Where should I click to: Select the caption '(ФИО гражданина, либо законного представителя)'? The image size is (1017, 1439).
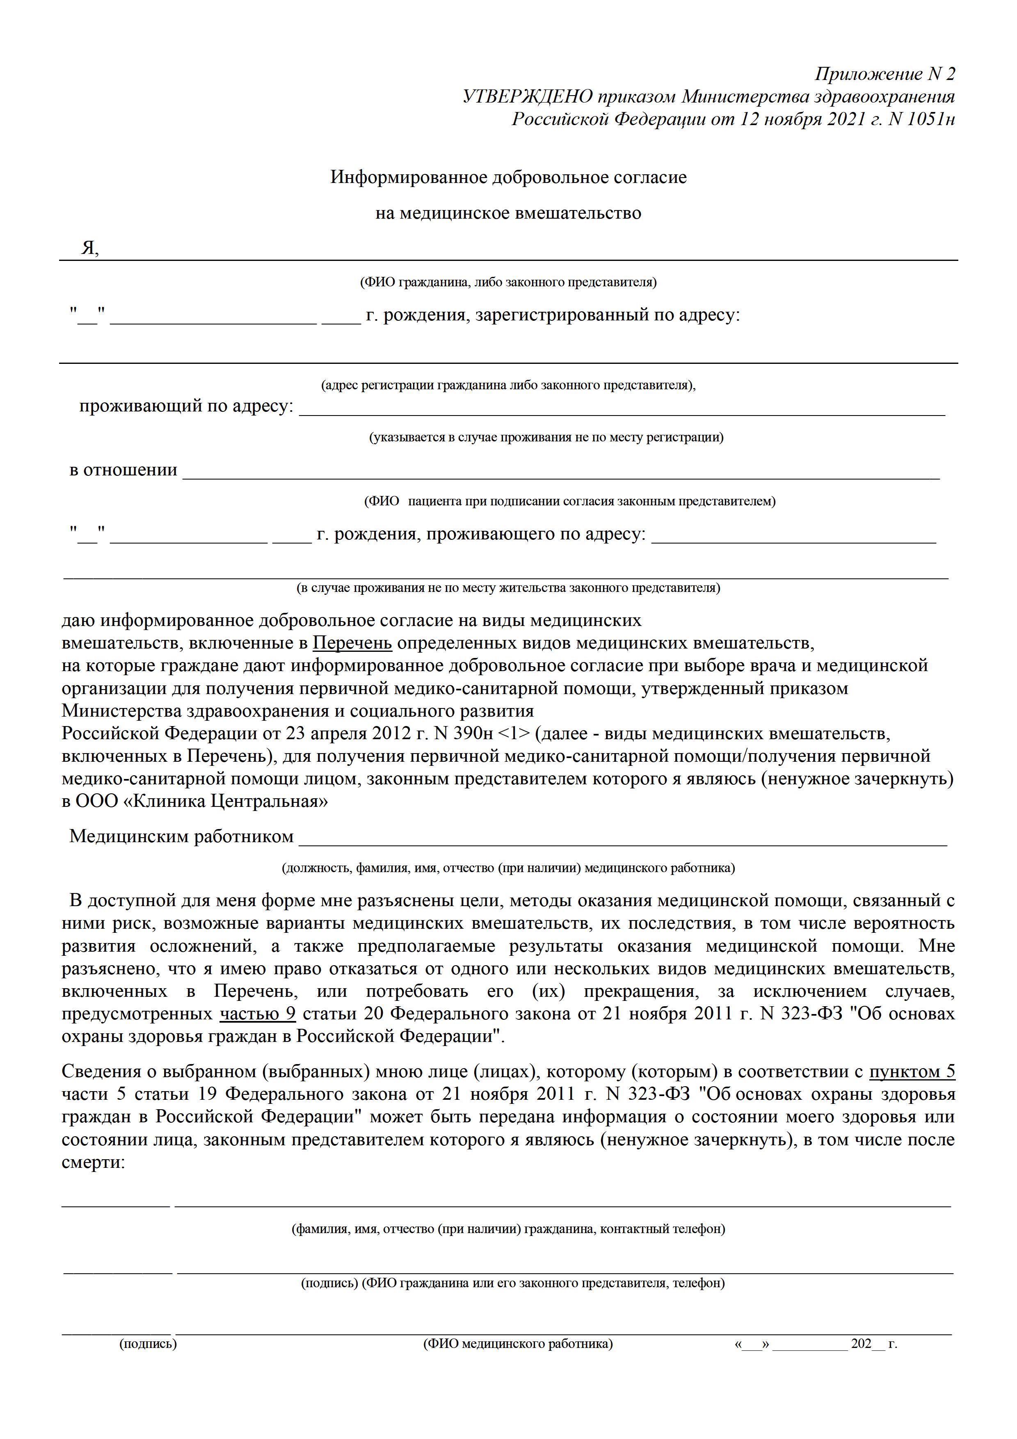[508, 282]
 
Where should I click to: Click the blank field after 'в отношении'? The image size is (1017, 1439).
[561, 471]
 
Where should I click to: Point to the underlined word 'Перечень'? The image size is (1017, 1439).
[352, 643]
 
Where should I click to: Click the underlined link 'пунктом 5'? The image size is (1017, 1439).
[912, 1072]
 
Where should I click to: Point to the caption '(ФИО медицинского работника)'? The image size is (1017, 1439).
[518, 1344]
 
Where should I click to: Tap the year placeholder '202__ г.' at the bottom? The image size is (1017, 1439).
[873, 1344]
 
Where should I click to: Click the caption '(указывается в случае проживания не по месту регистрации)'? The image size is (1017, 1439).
[546, 437]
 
